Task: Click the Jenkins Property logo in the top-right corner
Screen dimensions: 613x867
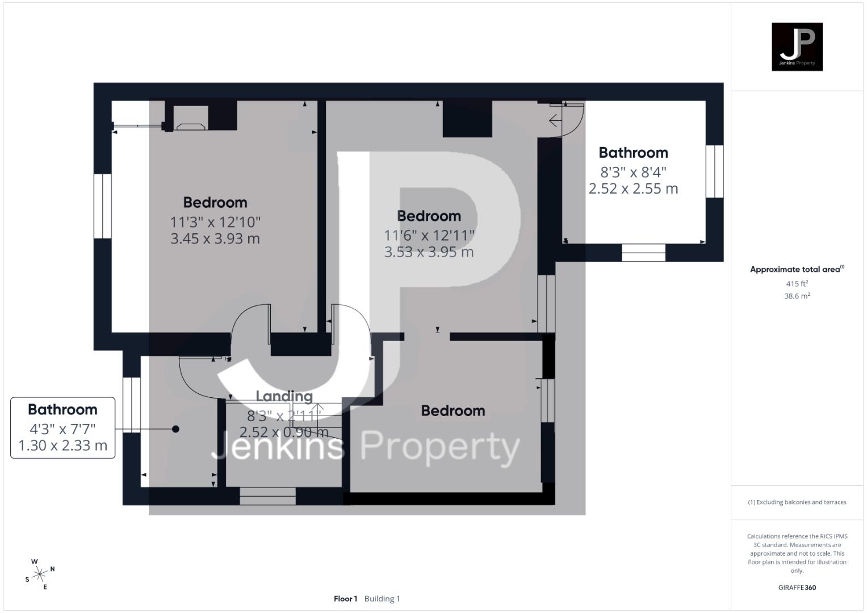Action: point(797,47)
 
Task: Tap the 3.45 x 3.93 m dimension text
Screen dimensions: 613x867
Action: point(215,238)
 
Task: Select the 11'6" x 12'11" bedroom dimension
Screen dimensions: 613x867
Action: point(429,234)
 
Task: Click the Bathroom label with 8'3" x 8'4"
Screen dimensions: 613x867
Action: point(633,153)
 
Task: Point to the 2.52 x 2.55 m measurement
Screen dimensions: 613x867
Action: point(633,188)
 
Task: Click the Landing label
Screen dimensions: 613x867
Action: point(284,396)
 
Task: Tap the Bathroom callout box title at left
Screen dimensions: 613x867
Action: point(62,409)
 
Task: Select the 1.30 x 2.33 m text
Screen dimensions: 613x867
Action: point(62,446)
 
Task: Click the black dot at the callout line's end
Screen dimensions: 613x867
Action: point(175,429)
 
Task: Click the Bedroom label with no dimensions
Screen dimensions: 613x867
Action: point(453,411)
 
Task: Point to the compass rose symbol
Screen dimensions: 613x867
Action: point(40,574)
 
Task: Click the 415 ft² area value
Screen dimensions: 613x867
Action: point(797,284)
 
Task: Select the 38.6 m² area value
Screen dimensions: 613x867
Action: point(797,296)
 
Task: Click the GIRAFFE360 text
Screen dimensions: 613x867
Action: point(797,587)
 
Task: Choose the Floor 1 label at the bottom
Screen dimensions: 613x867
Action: point(345,599)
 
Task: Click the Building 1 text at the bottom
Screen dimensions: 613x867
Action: point(382,599)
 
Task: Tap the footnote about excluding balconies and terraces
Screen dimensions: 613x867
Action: point(797,502)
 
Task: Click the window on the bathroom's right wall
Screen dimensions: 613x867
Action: point(714,171)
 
